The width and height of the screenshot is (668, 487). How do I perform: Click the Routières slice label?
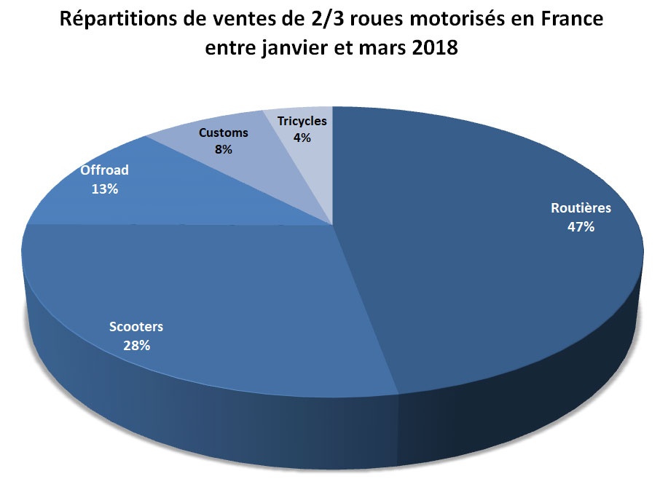[581, 208]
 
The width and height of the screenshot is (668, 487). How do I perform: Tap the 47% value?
[581, 226]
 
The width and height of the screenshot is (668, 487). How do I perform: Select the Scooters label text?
[136, 326]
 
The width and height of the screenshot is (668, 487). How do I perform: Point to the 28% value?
[136, 345]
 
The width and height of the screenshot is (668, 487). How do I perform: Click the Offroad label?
[104, 170]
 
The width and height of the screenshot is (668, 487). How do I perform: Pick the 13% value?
[104, 189]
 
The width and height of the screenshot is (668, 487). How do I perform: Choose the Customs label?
[224, 132]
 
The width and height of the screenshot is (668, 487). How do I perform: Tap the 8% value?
[223, 149]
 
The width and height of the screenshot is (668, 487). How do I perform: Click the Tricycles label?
[302, 121]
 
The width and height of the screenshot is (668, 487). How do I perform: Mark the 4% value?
[302, 137]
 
